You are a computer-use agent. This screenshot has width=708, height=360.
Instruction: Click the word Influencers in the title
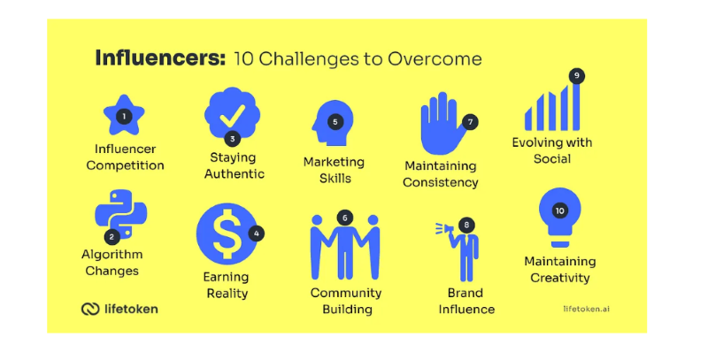coord(160,59)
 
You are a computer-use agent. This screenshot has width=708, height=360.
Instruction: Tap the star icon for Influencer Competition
coord(124,114)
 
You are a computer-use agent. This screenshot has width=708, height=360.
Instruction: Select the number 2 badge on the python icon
coord(112,236)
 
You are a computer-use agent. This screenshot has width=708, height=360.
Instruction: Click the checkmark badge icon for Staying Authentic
coord(232,113)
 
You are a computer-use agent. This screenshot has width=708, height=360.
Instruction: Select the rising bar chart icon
coord(552,107)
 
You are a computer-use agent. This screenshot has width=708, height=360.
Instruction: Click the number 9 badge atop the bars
coord(577,76)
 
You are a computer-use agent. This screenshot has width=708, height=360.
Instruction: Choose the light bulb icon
coord(559,216)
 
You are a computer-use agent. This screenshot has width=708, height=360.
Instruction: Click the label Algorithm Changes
coord(112,263)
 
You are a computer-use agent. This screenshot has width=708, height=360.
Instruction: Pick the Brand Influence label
coord(466,301)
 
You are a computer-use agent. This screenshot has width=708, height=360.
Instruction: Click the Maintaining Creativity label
coord(559,270)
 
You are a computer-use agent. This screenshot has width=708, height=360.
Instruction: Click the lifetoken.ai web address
coord(586,309)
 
